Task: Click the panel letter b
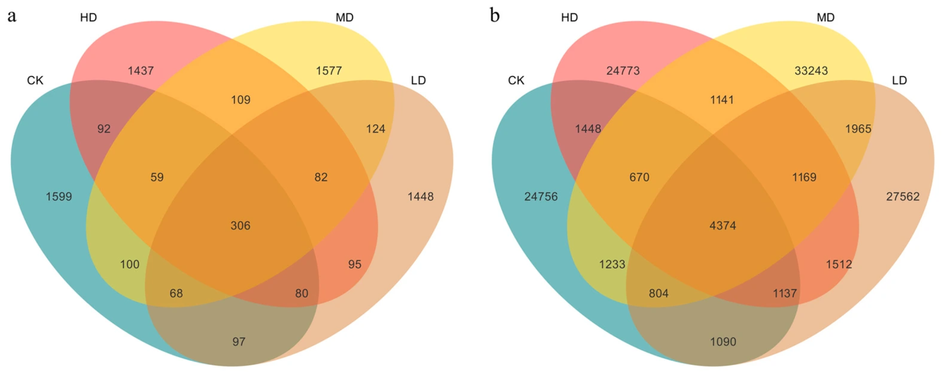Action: (495, 16)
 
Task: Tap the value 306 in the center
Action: (241, 226)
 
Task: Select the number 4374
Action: (723, 226)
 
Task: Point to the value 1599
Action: (59, 197)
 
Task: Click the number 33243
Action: (811, 71)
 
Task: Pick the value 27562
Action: (903, 197)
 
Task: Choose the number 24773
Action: (623, 71)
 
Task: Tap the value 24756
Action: (541, 197)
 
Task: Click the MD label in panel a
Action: (345, 18)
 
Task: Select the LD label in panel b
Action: (899, 80)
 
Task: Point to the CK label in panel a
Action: (35, 80)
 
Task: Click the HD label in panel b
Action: (569, 18)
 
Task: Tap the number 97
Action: (239, 342)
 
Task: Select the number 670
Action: (639, 177)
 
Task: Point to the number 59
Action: (157, 177)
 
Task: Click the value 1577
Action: (329, 71)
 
